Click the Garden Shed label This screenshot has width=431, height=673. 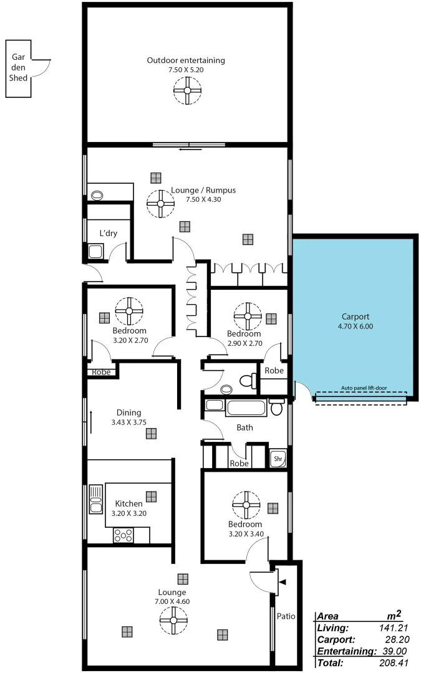18,67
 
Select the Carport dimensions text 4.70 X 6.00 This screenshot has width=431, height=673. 356,326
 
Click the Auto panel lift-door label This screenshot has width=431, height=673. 364,388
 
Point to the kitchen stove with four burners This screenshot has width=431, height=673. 123,535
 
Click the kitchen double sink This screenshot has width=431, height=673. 95,499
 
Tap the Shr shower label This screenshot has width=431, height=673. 278,459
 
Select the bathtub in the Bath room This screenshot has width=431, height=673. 246,409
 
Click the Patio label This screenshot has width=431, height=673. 286,616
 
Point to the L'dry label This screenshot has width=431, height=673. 109,234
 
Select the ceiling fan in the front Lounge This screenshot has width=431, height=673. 173,621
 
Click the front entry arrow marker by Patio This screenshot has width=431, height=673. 283,582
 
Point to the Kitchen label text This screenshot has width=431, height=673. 128,504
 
